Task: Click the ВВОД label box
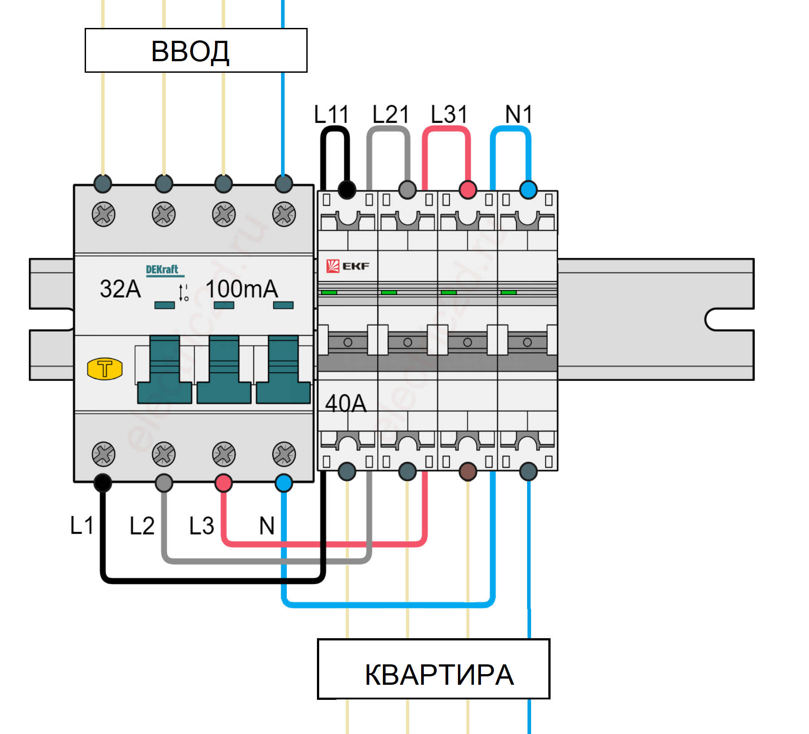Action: coord(196,51)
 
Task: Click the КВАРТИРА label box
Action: coord(434,669)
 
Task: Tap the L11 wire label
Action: coord(331,114)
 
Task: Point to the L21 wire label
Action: coord(390,114)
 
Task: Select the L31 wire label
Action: coord(449,114)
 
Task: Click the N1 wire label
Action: coord(518,114)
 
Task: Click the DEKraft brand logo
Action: coord(162,270)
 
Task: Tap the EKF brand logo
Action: coord(348,266)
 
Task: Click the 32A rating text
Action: coord(120,289)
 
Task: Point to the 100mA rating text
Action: coord(242,289)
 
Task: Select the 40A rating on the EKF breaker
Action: coord(346,404)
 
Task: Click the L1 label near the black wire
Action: coord(82,526)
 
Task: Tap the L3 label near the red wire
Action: coord(202,526)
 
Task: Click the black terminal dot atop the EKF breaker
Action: coord(347,190)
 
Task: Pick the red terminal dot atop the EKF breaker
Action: coord(468,190)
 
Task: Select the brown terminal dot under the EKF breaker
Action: coord(468,471)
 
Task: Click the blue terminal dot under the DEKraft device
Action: coord(284,483)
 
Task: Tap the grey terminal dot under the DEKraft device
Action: coord(164,483)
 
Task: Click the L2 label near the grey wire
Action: coord(142,526)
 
